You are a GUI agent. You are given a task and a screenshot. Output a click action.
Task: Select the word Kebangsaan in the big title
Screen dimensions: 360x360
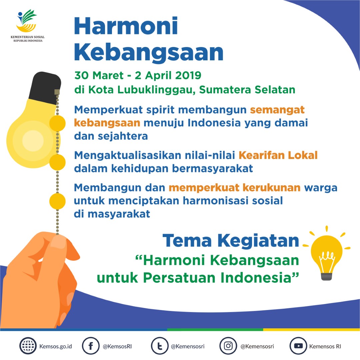click(149, 52)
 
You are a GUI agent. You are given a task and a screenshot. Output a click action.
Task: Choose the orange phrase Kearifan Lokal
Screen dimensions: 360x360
click(278, 155)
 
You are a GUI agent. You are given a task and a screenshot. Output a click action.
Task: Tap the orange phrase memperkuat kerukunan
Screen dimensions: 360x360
click(235, 188)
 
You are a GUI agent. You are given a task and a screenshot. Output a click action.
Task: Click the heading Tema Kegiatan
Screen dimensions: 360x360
click(231, 241)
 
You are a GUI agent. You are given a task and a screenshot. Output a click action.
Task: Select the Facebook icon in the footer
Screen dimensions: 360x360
click(90, 346)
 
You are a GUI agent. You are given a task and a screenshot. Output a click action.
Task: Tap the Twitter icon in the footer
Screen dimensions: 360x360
click(159, 346)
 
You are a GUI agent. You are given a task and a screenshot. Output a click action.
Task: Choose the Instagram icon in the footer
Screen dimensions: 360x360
click(228, 346)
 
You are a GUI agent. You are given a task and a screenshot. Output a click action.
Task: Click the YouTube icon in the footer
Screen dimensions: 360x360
click(298, 346)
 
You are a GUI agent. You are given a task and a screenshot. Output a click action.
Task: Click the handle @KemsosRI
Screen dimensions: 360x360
click(117, 346)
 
